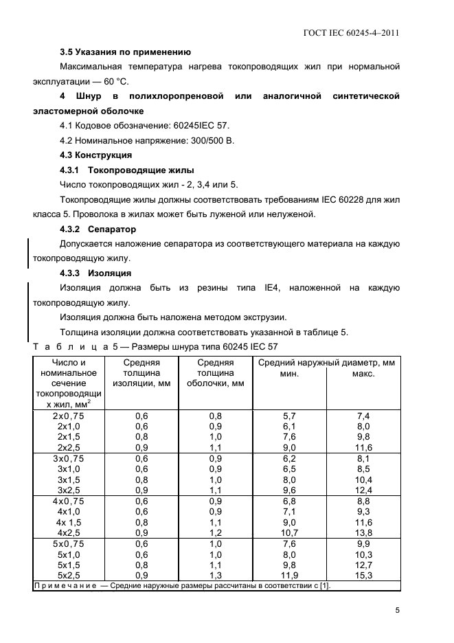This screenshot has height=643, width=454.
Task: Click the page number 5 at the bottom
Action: pyautogui.click(x=398, y=609)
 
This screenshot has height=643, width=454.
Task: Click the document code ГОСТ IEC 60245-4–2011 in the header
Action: pyautogui.click(x=352, y=32)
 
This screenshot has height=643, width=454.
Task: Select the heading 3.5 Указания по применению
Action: pyautogui.click(x=125, y=52)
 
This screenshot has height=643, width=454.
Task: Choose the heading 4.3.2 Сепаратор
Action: pyautogui.click(x=98, y=229)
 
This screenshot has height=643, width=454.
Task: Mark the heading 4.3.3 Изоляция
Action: pyautogui.click(x=97, y=273)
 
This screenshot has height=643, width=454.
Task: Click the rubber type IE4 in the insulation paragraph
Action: pyautogui.click(x=271, y=288)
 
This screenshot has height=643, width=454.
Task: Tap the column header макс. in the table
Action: pyautogui.click(x=363, y=374)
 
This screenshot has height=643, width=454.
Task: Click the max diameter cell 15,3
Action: pyautogui.click(x=363, y=574)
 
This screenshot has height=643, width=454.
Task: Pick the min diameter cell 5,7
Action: pyautogui.click(x=289, y=416)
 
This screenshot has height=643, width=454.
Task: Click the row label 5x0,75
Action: pyautogui.click(x=68, y=543)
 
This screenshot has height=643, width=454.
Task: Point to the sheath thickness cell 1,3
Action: pyautogui.click(x=215, y=574)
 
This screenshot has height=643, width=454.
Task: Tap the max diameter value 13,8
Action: pyautogui.click(x=363, y=532)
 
